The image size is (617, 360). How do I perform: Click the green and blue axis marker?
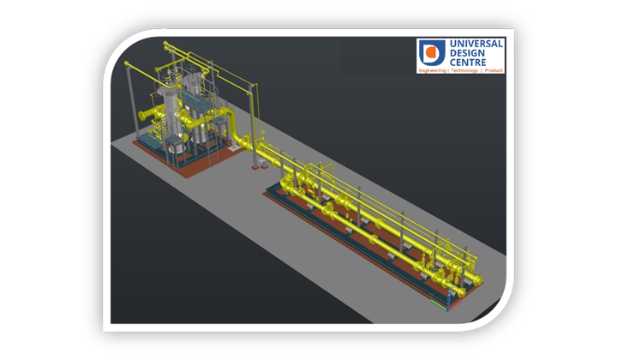tap(440, 303)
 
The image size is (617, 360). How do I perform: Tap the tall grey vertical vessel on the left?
tap(171, 111)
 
